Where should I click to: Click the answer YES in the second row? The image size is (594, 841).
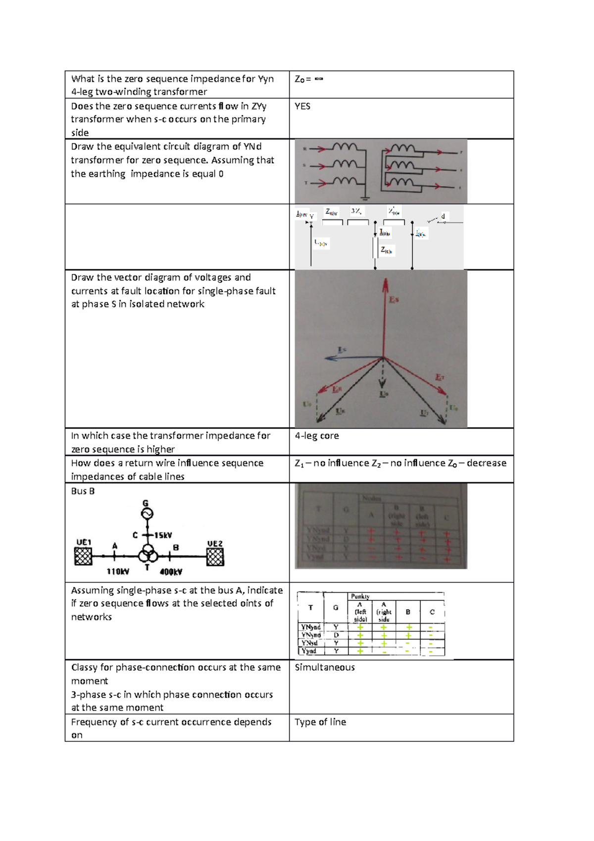(302, 106)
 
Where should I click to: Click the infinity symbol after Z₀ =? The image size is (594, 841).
(319, 79)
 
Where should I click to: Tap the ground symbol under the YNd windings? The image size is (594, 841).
(365, 198)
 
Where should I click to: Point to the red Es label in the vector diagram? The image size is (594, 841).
(394, 299)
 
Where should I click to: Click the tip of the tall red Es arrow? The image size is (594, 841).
(385, 280)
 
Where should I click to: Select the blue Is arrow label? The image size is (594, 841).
(342, 350)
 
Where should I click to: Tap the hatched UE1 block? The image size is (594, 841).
(83, 557)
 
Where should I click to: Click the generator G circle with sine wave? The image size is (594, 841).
(147, 514)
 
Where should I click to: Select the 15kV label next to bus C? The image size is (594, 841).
(163, 535)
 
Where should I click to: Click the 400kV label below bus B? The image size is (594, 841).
(171, 572)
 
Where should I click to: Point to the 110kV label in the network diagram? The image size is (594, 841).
(118, 572)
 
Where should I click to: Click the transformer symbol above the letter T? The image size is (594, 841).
(148, 553)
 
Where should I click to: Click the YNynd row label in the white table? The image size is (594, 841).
(311, 627)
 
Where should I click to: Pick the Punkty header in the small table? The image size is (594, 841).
(360, 596)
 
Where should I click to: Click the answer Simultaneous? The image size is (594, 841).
(325, 667)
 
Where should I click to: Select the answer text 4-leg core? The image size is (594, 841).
(317, 436)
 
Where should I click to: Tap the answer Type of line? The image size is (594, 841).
(320, 722)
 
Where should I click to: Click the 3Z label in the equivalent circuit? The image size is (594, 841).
(356, 211)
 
